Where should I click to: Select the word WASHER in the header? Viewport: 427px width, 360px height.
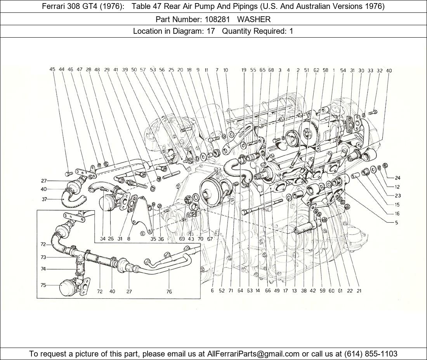click(254, 19)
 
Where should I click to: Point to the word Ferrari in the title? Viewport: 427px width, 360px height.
click(54, 6)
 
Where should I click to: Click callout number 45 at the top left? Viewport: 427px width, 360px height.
click(52, 70)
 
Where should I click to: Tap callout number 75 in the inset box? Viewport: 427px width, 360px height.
click(43, 285)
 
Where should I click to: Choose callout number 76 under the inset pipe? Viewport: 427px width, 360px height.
click(169, 291)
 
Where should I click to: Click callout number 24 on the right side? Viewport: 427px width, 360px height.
click(397, 178)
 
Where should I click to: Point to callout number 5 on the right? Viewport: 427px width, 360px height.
click(396, 223)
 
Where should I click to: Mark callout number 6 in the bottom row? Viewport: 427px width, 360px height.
click(212, 291)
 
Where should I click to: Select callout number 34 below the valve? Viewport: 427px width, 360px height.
click(102, 239)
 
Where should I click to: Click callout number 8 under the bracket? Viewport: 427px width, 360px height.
click(128, 239)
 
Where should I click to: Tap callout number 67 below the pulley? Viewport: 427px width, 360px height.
click(210, 239)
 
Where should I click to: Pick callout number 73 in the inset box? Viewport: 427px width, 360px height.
click(43, 257)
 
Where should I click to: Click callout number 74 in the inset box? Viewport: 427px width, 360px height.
click(43, 269)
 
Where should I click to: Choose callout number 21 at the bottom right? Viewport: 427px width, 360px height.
click(359, 291)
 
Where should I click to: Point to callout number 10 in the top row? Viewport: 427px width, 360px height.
click(226, 70)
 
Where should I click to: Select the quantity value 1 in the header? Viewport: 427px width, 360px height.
click(291, 31)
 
